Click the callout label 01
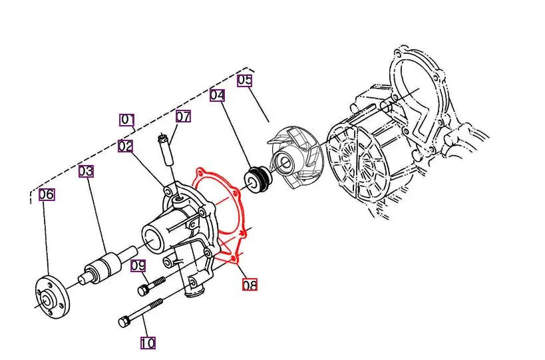pos(127,120)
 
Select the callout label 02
pos(126,146)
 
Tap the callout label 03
pos(86,171)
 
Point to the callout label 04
pos(217,95)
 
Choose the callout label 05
pos(245,81)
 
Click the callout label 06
pos(46,194)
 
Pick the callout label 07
pos(183,117)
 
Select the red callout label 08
pos(250,285)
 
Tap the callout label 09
pos(138,266)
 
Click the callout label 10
pos(148,343)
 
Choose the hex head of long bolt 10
pos(124,322)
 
